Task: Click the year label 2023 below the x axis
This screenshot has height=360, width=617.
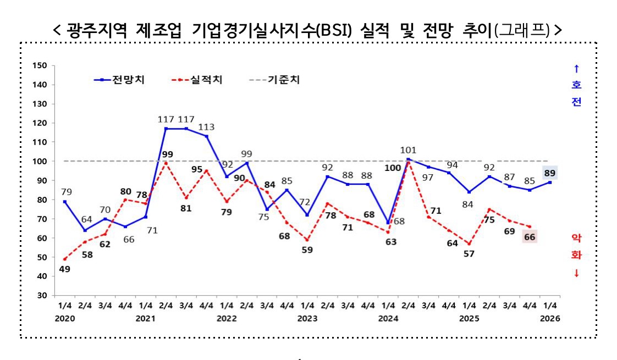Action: (x=307, y=318)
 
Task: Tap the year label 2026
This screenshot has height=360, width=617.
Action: (x=550, y=318)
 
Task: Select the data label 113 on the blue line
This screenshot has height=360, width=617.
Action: (x=206, y=127)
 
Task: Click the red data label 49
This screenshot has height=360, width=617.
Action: (x=64, y=270)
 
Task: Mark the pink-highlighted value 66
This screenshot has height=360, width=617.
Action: (x=530, y=237)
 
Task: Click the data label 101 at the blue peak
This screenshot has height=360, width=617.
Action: (x=408, y=149)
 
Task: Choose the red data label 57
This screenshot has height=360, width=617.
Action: (x=469, y=254)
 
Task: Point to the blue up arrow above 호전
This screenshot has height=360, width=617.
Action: (x=576, y=69)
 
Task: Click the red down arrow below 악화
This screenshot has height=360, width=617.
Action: (x=576, y=273)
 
